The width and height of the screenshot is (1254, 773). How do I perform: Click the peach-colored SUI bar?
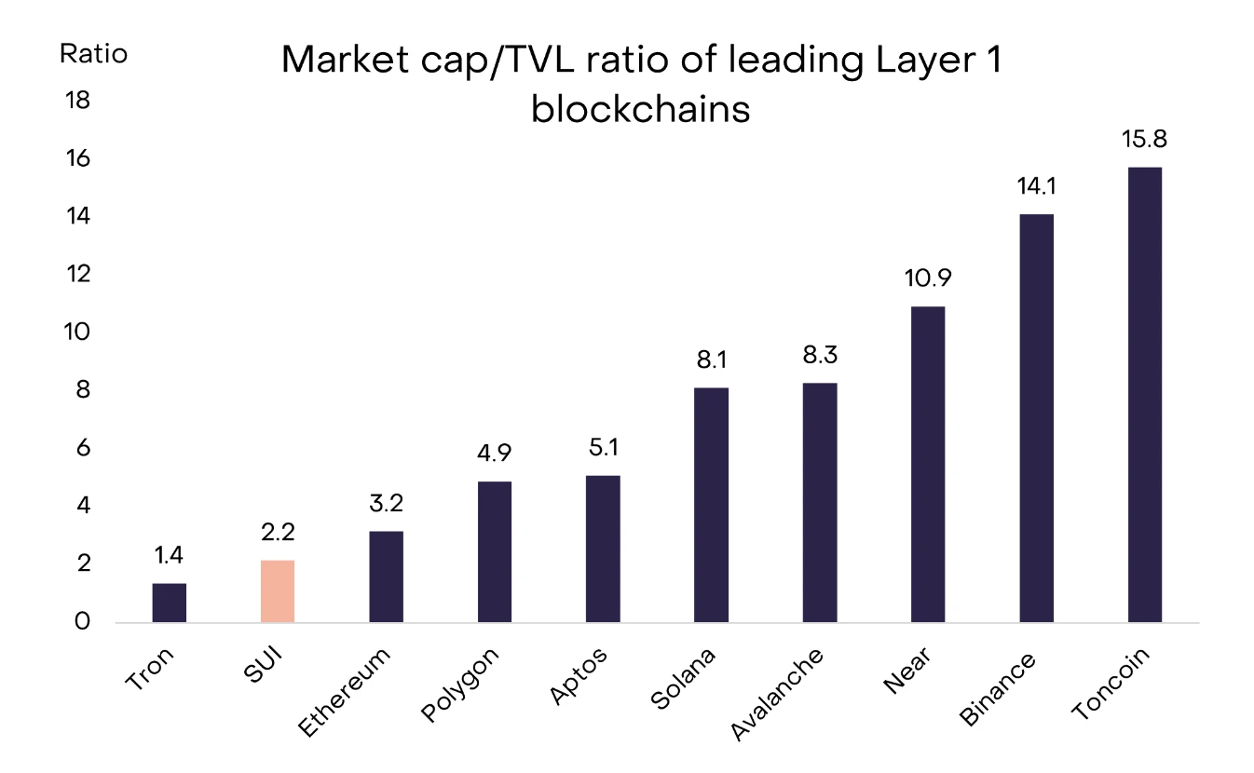click(x=278, y=591)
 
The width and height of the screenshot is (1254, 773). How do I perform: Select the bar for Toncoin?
click(x=1145, y=395)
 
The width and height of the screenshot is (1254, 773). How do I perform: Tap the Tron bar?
click(x=170, y=603)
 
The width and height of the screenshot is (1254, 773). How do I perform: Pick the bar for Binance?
click(x=1037, y=418)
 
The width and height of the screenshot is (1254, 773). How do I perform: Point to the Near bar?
click(x=928, y=465)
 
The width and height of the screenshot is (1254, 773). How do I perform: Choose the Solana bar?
click(x=711, y=505)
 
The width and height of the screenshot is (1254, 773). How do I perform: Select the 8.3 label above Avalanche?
click(x=820, y=355)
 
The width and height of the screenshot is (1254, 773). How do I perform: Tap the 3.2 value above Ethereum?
click(x=386, y=504)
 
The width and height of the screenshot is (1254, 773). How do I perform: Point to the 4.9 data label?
click(x=494, y=454)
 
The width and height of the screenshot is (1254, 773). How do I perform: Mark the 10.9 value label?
click(x=928, y=278)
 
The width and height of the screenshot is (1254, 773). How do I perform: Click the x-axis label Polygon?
click(x=462, y=685)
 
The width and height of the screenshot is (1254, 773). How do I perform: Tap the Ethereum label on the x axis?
click(x=346, y=693)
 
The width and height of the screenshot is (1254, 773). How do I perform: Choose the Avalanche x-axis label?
click(x=778, y=695)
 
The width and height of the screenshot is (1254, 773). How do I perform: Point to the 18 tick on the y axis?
click(x=77, y=101)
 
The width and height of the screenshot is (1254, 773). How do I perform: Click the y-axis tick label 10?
click(x=77, y=332)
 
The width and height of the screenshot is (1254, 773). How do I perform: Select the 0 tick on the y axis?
click(x=83, y=622)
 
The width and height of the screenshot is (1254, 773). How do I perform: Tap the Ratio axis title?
click(x=93, y=54)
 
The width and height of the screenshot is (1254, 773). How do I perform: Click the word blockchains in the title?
click(x=641, y=110)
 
